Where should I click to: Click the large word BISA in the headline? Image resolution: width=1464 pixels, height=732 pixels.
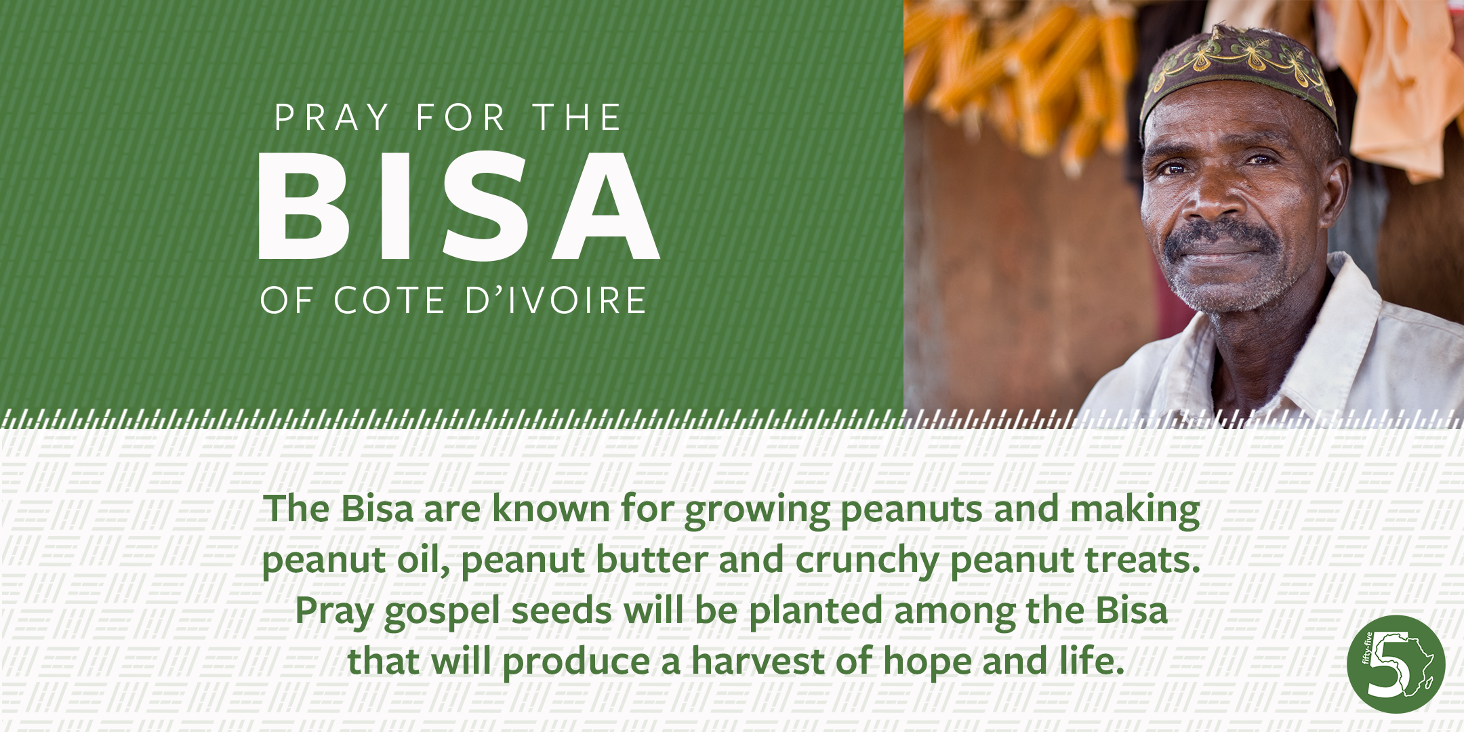[459, 206]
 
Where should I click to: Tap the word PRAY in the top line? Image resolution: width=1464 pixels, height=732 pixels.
[332, 118]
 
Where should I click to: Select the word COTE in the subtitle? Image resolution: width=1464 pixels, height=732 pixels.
[389, 300]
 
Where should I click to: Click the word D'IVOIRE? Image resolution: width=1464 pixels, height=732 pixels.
[556, 300]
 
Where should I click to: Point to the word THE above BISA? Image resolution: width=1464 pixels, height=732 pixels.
[577, 118]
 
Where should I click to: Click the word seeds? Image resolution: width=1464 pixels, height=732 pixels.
[562, 611]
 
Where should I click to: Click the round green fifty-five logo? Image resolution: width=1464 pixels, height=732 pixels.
[1396, 664]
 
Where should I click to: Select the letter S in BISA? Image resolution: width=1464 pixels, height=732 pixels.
[486, 206]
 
